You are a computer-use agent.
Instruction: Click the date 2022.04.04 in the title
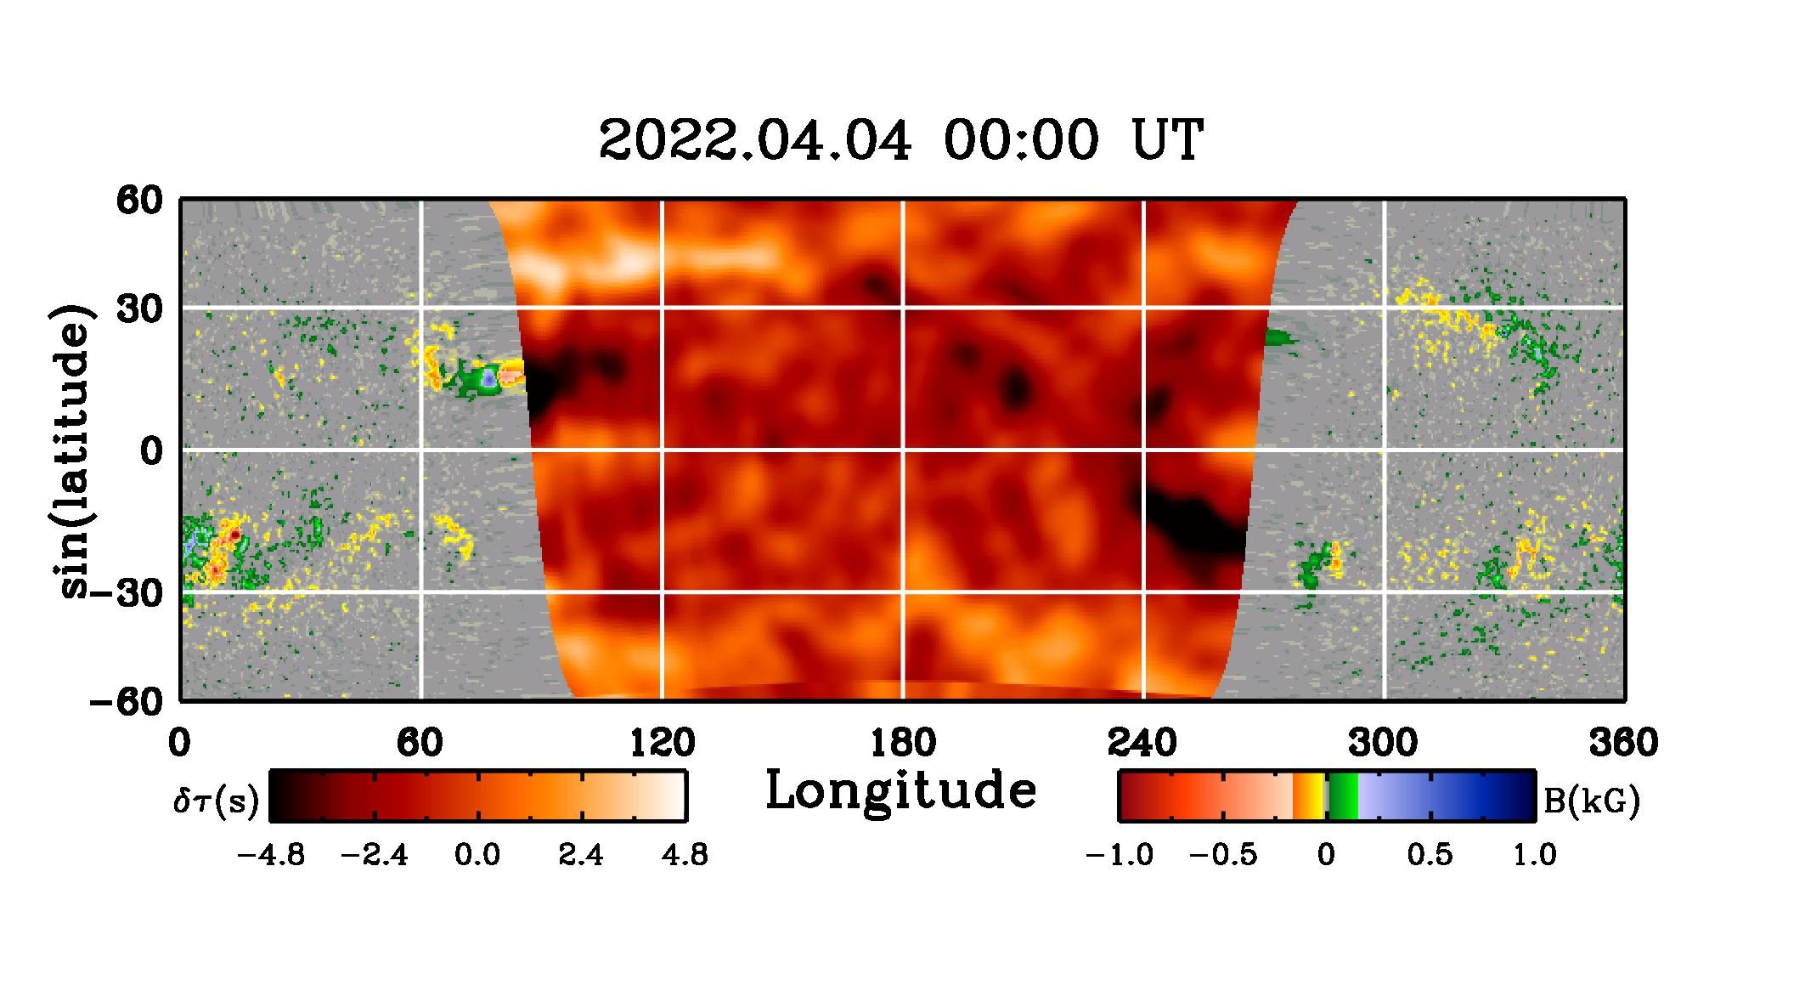coord(755,140)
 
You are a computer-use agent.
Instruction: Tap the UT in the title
coord(1167,140)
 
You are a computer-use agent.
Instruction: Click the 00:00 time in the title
coord(1021,140)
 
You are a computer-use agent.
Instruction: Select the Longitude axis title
coord(901,791)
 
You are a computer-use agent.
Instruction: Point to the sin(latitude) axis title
coord(74,450)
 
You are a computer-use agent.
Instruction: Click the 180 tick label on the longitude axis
coord(903,743)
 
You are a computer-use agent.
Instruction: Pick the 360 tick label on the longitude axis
coord(1623,743)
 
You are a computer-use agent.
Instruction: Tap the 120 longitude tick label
coord(662,743)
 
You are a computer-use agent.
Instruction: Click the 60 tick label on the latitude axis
coord(139,201)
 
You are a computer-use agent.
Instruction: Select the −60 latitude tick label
coord(126,702)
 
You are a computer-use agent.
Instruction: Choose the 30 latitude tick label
coord(139,309)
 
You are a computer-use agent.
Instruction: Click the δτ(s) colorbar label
coord(216,801)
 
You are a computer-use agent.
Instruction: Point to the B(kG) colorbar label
coord(1591,801)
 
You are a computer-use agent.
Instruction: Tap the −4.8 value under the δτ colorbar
coord(271,854)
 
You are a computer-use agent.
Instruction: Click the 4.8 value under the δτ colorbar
coord(685,854)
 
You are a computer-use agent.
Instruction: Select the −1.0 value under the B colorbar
coord(1120,854)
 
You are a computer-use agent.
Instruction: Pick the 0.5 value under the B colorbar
coord(1430,854)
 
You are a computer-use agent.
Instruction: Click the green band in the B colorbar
coord(1344,796)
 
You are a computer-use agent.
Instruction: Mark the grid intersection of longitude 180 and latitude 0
coord(903,450)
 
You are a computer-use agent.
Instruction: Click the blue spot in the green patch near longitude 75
coord(489,379)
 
